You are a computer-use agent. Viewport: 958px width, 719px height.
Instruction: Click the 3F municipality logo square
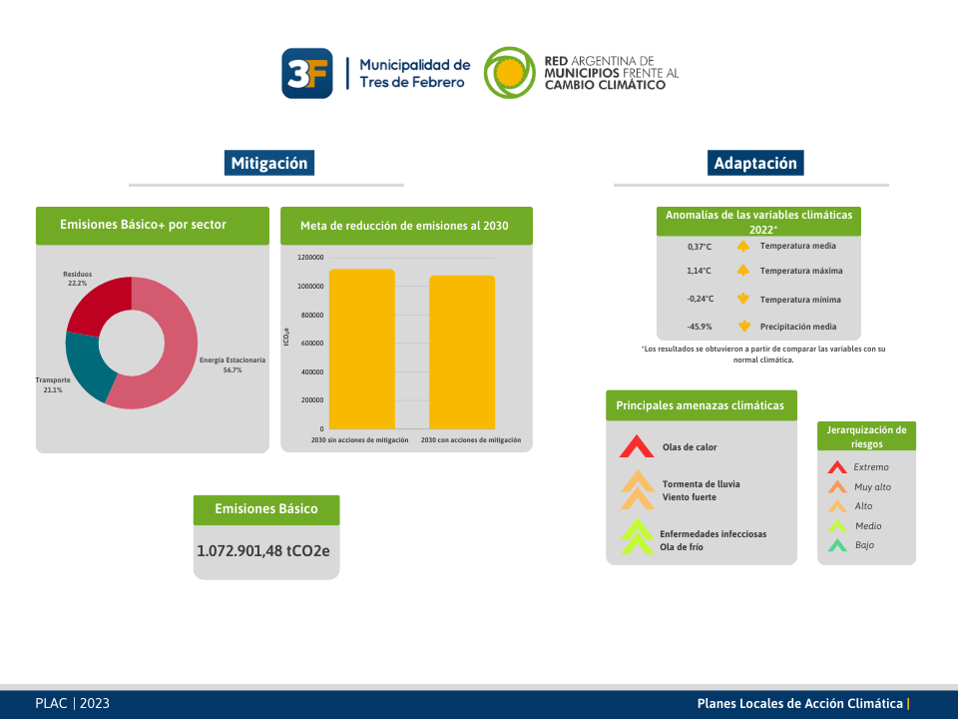coord(306,73)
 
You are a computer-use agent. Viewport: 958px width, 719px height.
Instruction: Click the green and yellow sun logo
coord(509,73)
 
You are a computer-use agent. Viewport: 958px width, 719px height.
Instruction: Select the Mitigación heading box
coord(268,163)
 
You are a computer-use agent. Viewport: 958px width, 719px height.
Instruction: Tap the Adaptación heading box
coord(755,163)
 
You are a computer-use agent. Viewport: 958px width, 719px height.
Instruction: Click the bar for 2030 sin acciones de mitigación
coord(361,350)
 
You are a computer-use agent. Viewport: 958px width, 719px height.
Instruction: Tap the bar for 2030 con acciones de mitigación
coord(462,353)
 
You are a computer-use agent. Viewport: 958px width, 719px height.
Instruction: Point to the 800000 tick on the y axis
coord(311,315)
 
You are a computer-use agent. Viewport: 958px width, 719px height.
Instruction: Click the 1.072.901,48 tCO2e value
coord(262,551)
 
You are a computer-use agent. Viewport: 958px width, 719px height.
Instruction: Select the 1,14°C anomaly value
coord(699,271)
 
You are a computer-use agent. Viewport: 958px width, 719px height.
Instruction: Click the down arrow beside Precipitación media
coord(743,326)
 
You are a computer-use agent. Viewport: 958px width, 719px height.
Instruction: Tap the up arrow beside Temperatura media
coord(742,246)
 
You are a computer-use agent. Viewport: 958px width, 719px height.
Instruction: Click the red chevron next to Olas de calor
coord(637,446)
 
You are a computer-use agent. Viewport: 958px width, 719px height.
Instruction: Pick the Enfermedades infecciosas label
coord(713,533)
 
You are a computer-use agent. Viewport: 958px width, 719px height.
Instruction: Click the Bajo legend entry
coord(850,545)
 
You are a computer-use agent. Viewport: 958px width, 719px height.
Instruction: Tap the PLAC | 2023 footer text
coord(72,703)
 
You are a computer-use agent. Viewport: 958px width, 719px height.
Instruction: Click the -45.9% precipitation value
coord(699,327)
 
